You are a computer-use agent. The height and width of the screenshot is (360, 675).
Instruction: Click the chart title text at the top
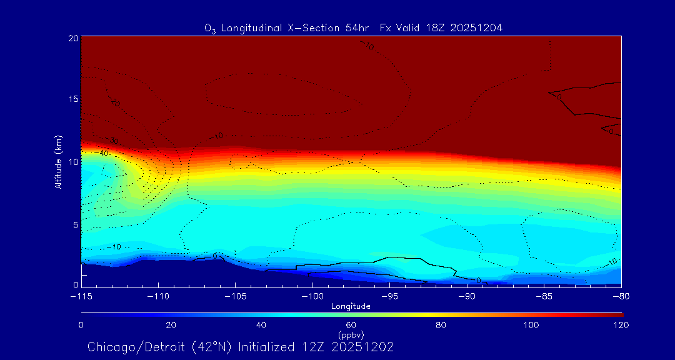pyautogui.click(x=353, y=27)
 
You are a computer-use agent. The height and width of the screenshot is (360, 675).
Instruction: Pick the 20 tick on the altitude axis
pyautogui.click(x=72, y=37)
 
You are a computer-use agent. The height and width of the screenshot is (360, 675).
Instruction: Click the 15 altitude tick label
pyautogui.click(x=72, y=99)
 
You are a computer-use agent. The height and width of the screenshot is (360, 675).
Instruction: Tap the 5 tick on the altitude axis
pyautogui.click(x=75, y=223)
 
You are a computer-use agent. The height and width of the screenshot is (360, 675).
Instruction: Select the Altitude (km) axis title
pyautogui.click(x=58, y=161)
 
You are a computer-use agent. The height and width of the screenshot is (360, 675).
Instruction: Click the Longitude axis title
pyautogui.click(x=351, y=306)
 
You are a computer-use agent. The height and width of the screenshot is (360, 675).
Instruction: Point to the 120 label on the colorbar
pyautogui.click(x=621, y=325)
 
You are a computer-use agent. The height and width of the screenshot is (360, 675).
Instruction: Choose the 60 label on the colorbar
pyautogui.click(x=351, y=325)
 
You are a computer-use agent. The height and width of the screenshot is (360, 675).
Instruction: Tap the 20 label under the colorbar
pyautogui.click(x=171, y=325)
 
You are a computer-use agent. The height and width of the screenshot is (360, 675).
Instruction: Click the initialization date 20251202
pyautogui.click(x=364, y=347)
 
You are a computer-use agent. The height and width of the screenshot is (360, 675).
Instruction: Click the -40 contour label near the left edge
pyautogui.click(x=103, y=153)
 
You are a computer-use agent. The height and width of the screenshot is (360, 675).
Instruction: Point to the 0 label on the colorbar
pyautogui.click(x=81, y=325)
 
